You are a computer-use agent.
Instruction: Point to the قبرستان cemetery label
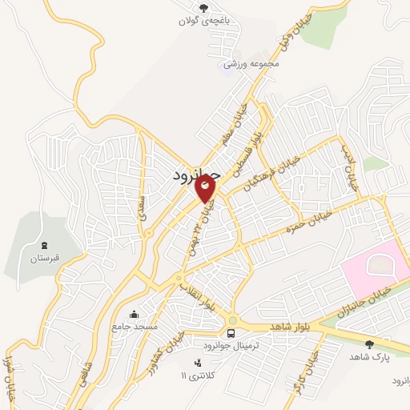[45, 259]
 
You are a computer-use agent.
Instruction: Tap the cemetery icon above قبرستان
[45, 244]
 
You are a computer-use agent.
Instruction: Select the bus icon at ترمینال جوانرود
[231, 332]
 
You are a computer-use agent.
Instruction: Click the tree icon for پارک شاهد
[369, 344]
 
